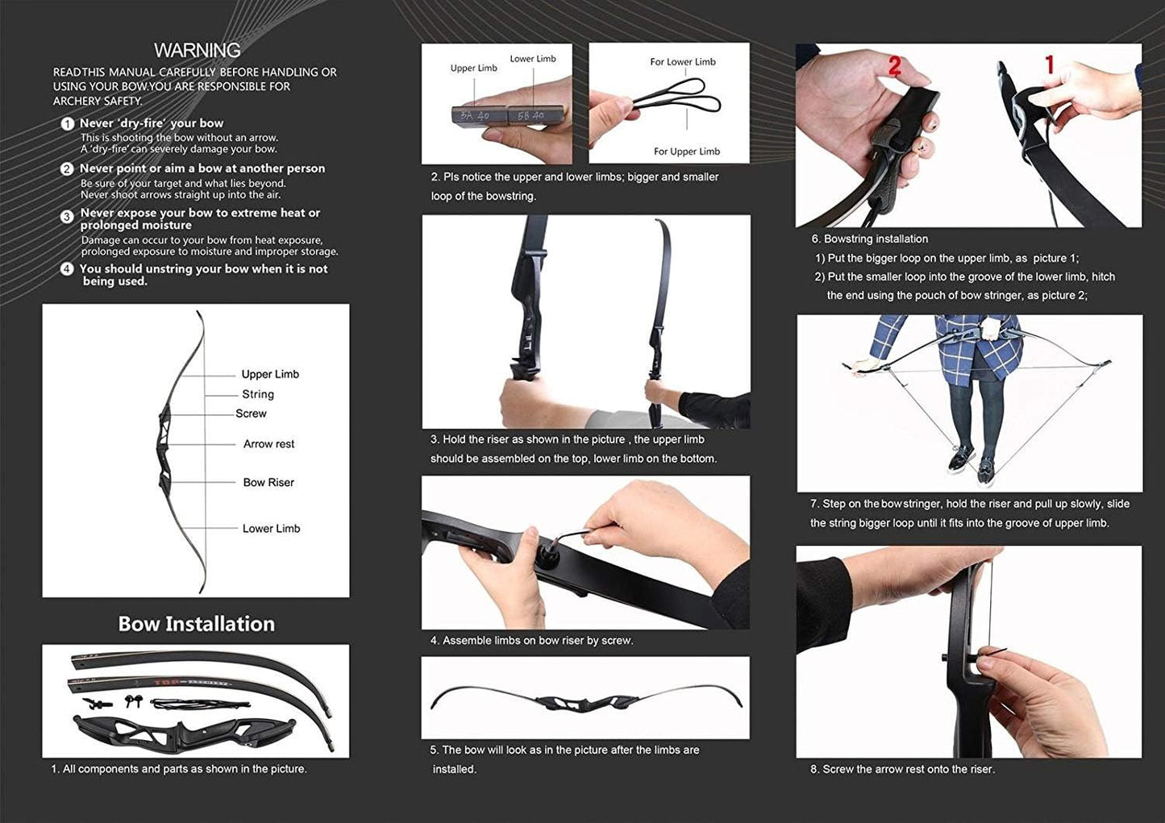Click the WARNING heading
click(x=197, y=50)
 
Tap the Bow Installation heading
click(x=196, y=624)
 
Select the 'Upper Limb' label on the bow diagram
click(x=270, y=374)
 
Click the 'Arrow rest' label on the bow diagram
click(x=268, y=444)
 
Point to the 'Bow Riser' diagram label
click(x=268, y=482)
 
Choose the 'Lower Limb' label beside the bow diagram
click(x=271, y=529)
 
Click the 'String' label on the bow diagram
click(x=258, y=394)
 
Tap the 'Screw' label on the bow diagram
click(x=251, y=414)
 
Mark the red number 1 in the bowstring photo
click(x=1049, y=64)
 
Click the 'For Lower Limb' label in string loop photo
click(x=682, y=62)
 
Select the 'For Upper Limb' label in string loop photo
click(x=686, y=152)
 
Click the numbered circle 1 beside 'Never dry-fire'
click(x=68, y=124)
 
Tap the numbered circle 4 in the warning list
click(x=67, y=269)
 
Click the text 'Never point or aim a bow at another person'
click(x=202, y=168)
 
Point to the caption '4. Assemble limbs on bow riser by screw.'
click(x=531, y=641)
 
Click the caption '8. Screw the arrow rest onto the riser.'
click(x=902, y=770)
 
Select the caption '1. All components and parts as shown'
click(x=178, y=769)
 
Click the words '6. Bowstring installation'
click(x=869, y=239)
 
